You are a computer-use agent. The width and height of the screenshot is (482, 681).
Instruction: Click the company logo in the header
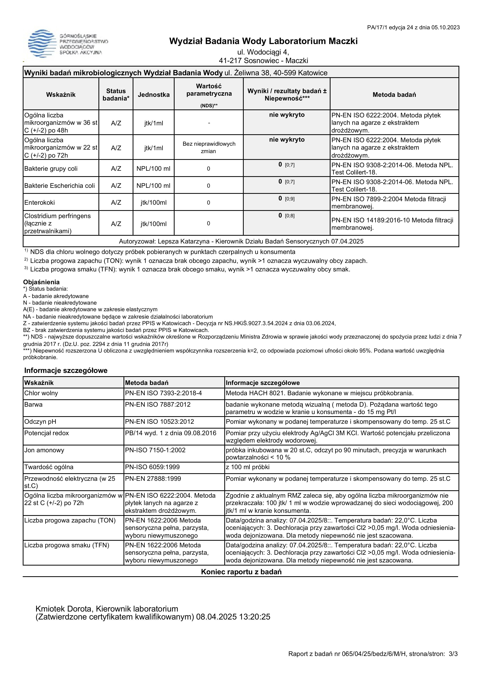[x=68, y=44]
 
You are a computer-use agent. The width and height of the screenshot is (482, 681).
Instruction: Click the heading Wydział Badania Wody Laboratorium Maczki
[x=263, y=41]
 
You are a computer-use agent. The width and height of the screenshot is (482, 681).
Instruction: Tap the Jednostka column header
[x=153, y=95]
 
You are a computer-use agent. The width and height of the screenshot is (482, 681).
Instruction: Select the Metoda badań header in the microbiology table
[x=394, y=95]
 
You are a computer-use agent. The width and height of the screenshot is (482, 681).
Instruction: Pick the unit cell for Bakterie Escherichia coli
[x=153, y=186]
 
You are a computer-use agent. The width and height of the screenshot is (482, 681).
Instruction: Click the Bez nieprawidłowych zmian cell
[x=209, y=147]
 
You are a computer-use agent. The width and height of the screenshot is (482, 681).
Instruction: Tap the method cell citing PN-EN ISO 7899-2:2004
[x=394, y=203]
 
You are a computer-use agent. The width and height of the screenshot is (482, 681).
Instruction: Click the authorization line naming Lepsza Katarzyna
[x=241, y=241]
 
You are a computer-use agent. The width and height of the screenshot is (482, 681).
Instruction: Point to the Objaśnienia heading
[x=41, y=282]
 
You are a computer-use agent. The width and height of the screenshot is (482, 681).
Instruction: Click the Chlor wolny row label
[x=41, y=393]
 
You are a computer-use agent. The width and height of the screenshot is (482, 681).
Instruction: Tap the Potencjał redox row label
[x=47, y=433]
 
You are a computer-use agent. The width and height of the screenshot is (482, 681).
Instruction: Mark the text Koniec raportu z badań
[x=241, y=572]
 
